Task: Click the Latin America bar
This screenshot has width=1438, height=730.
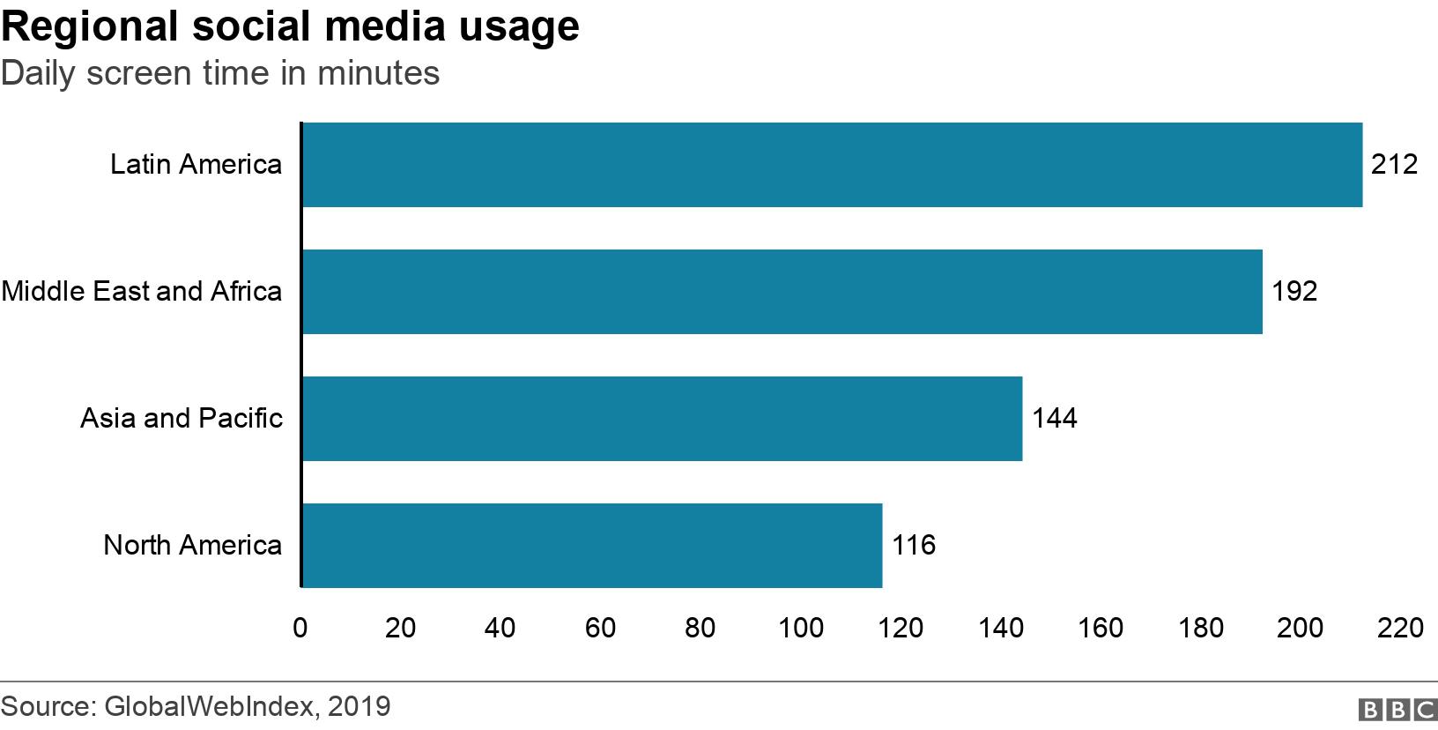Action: [x=832, y=165]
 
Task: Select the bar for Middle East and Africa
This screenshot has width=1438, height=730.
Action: [x=782, y=292]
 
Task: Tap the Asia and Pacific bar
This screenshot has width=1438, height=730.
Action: [x=662, y=419]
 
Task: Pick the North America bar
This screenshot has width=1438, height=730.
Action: [x=591, y=545]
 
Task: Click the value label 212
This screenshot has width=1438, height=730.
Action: [x=1394, y=165]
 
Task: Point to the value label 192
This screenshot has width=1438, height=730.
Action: [x=1293, y=292]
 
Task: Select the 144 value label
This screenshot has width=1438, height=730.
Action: [x=1054, y=418]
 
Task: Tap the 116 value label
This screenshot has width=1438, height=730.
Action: [x=913, y=545]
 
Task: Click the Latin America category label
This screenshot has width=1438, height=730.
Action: [x=196, y=165]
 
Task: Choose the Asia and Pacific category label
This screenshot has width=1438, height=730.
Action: [x=182, y=418]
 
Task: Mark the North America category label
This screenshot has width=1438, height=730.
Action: [x=192, y=545]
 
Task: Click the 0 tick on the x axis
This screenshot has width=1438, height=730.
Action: [x=300, y=628]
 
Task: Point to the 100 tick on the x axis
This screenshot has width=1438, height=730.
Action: [x=801, y=628]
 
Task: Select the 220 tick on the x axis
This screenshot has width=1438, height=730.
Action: [x=1400, y=628]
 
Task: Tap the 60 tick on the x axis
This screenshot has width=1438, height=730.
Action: [x=600, y=628]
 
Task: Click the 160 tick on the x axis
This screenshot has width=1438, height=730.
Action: [x=1101, y=628]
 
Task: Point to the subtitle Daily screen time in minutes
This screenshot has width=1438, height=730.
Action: [x=220, y=73]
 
